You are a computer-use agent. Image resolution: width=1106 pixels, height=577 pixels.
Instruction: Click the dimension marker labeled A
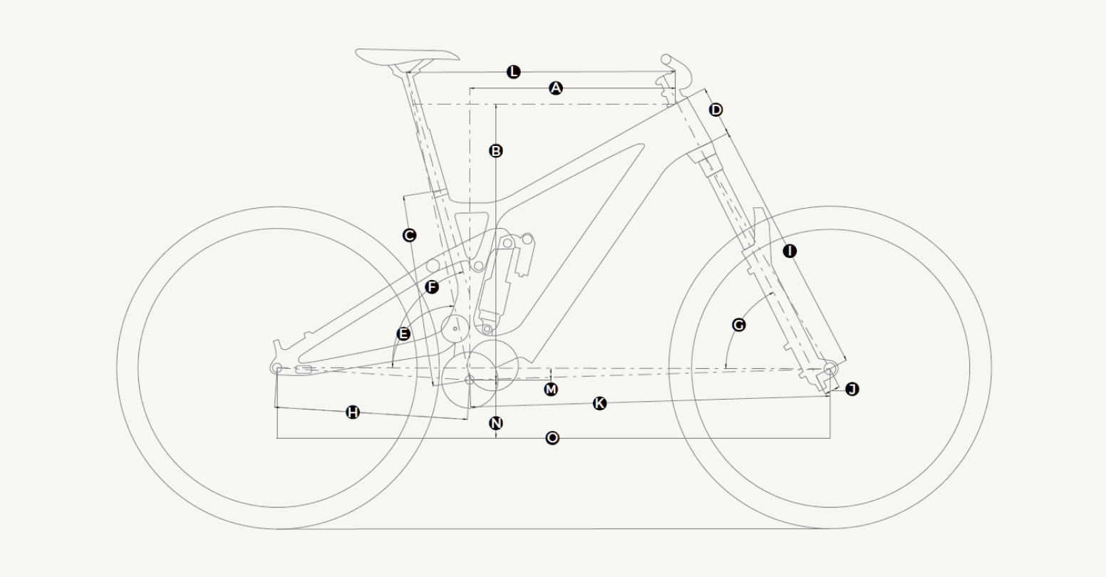[x=556, y=88]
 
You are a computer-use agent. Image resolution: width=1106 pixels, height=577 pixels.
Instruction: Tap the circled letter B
[x=496, y=150]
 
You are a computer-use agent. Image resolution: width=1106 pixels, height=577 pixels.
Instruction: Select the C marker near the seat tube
[x=409, y=235]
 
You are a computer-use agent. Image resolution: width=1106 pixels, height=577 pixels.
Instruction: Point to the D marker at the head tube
[x=716, y=110]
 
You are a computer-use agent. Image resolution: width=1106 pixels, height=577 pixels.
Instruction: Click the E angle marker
[x=403, y=334]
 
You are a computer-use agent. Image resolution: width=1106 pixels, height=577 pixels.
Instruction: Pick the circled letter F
[x=432, y=287]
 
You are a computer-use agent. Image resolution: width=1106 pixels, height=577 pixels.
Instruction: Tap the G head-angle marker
[x=739, y=325]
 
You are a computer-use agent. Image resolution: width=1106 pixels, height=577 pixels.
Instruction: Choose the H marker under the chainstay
[x=353, y=412]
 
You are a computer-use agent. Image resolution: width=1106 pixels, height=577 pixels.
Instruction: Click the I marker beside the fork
[x=790, y=251]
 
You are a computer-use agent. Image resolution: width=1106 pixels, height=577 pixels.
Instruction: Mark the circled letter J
[x=852, y=389]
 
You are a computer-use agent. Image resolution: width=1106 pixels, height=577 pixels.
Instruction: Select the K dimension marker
[x=599, y=403]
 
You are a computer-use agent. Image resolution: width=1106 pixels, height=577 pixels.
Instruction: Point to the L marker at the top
[x=514, y=72]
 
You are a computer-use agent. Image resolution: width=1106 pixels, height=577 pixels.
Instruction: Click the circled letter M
[x=551, y=390]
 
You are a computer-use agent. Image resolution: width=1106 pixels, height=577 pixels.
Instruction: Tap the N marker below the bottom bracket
[x=496, y=423]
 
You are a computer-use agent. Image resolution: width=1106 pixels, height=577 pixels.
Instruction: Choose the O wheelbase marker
[x=552, y=438]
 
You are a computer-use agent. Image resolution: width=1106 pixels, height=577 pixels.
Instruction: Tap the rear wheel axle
[x=277, y=368]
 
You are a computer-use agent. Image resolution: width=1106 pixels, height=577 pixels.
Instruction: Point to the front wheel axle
[x=830, y=368]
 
